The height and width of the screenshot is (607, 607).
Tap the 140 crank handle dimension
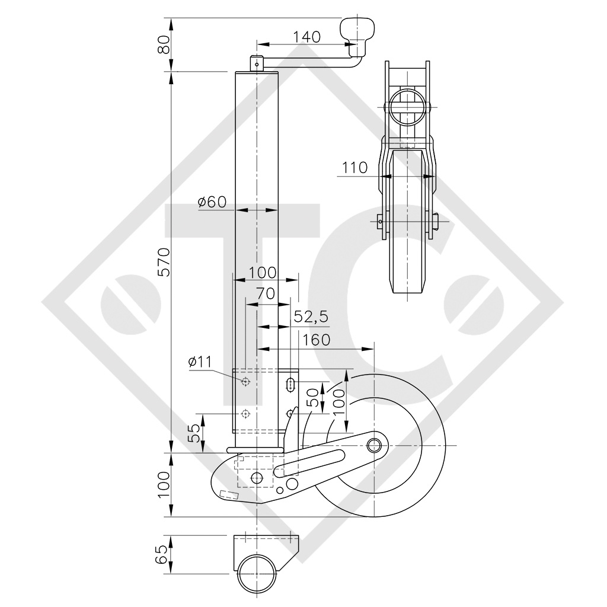(x=307, y=37)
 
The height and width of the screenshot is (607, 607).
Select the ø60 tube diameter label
(x=212, y=202)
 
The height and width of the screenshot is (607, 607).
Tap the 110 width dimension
(x=354, y=167)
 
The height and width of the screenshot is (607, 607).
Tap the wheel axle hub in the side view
(x=375, y=445)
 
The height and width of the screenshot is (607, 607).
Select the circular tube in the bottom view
(x=257, y=574)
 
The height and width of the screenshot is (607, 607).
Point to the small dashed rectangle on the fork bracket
(x=228, y=495)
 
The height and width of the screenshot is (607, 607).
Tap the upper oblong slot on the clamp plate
(x=291, y=384)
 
